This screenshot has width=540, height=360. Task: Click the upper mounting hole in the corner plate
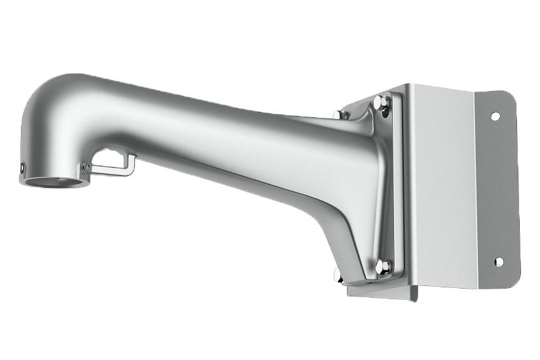tap(495, 116)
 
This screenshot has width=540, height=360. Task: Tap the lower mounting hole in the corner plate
tap(498, 262)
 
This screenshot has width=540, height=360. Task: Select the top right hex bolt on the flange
tap(381, 103)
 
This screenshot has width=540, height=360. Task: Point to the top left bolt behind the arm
tap(338, 115)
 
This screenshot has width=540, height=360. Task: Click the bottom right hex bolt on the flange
tap(385, 266)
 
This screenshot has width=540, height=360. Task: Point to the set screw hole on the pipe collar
tap(22, 169)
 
